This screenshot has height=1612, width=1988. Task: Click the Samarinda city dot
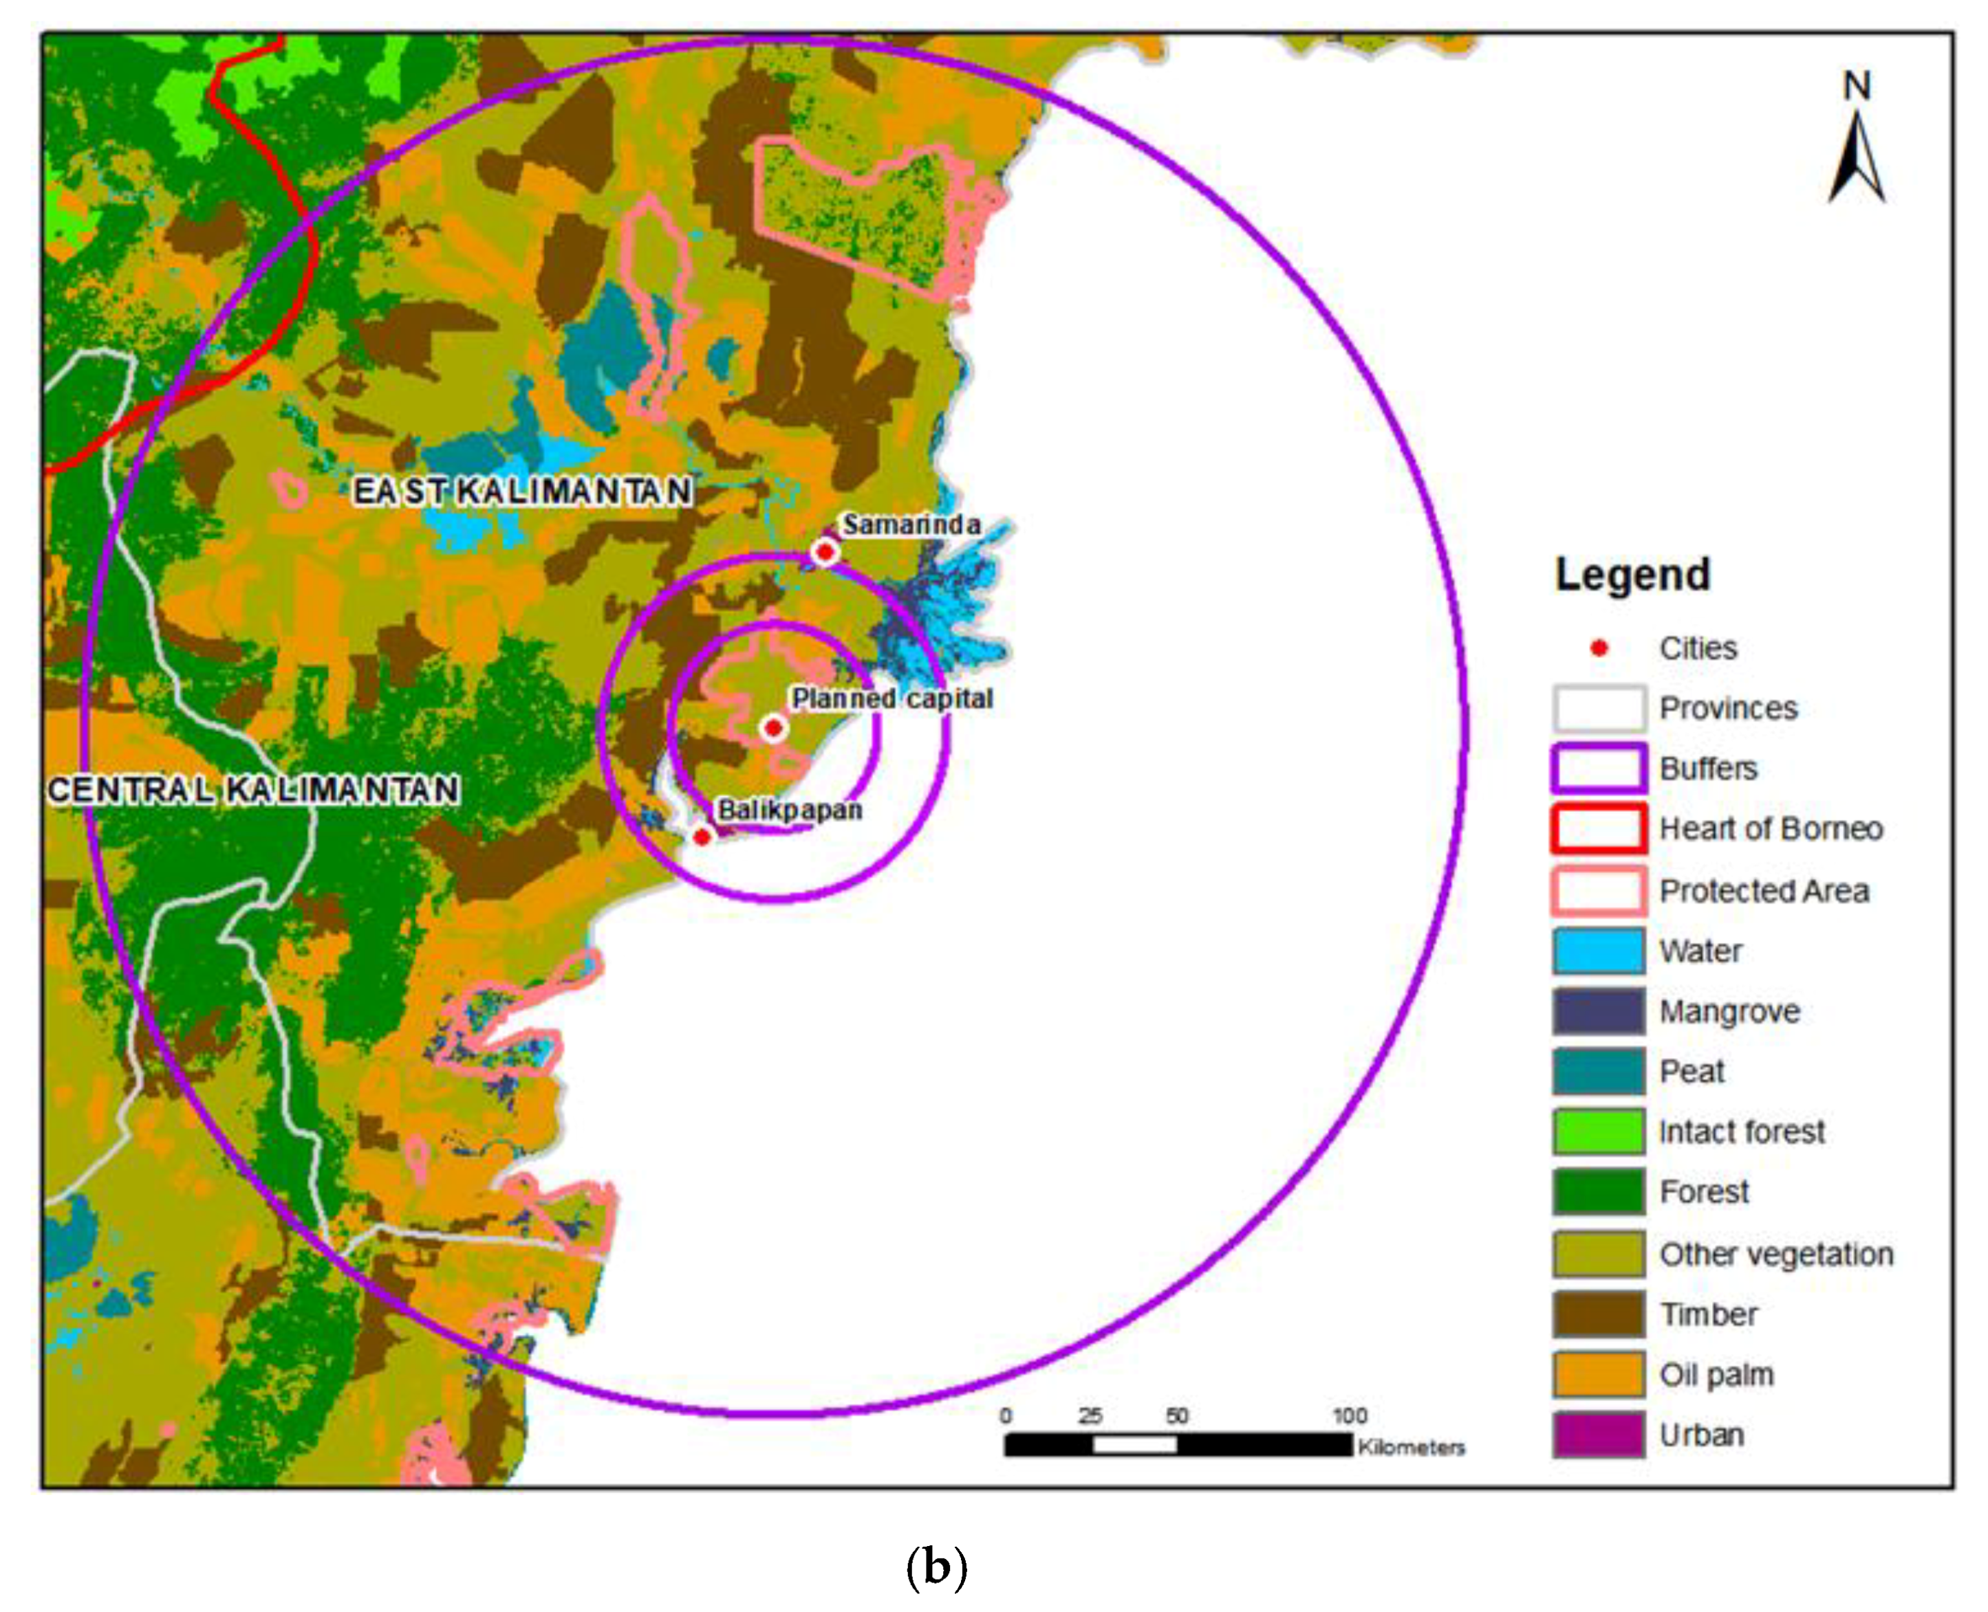point(824,551)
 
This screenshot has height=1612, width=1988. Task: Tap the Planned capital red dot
point(773,728)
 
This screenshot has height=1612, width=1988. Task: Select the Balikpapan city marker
point(702,837)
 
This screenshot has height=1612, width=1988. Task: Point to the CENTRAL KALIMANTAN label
point(254,791)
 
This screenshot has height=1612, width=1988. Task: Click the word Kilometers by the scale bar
point(1411,1448)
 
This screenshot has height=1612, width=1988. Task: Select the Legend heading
point(1632,575)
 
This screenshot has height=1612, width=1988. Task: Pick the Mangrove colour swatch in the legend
point(1598,1011)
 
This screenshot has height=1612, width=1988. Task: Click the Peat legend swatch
point(1598,1072)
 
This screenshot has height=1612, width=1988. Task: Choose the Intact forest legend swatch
point(1598,1132)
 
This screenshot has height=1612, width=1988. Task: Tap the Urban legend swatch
point(1598,1435)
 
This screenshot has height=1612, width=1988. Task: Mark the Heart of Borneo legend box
point(1598,829)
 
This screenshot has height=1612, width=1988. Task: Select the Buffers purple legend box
point(1598,769)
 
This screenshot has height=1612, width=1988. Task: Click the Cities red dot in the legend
point(1599,648)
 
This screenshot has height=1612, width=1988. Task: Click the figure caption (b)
point(936,1567)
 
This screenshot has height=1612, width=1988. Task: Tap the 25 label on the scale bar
point(1090,1416)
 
